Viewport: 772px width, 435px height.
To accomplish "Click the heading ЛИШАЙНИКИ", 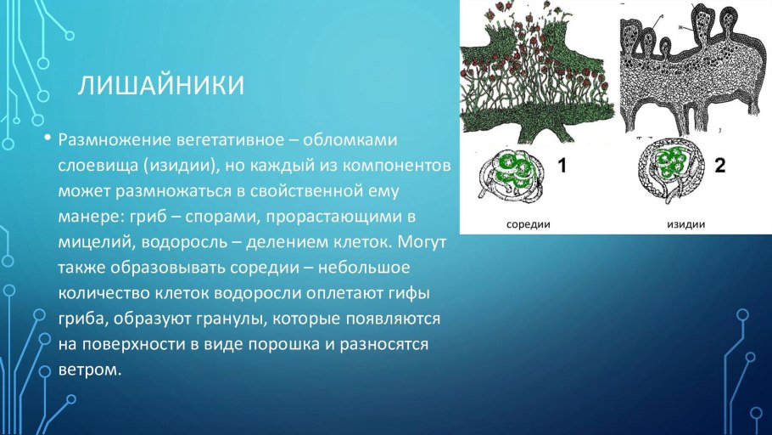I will tap(162, 86).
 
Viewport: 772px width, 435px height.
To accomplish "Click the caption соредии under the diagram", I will tap(529, 225).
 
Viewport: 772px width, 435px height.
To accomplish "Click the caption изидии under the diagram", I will tap(683, 225).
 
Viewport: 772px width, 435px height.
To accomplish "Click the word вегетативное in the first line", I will tap(228, 138).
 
